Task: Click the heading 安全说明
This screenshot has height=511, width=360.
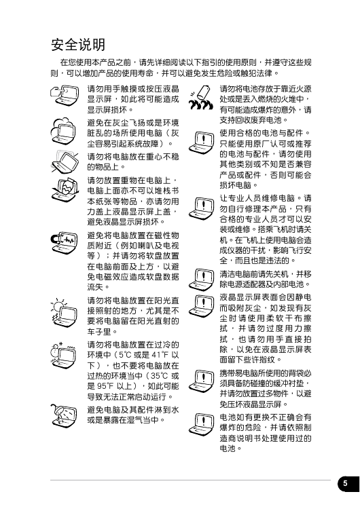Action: [x=78, y=45]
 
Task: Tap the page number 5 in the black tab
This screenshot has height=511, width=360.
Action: [x=345, y=484]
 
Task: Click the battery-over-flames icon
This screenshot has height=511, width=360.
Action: [x=200, y=97]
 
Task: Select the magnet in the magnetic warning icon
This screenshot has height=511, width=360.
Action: [x=56, y=239]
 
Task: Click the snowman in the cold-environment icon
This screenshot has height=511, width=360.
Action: [x=56, y=353]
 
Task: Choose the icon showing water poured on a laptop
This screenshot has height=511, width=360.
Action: [x=65, y=415]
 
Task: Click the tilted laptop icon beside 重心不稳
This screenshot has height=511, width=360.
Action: [x=65, y=162]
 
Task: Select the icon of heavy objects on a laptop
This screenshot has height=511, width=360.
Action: [x=65, y=189]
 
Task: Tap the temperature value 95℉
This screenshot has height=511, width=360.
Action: [x=105, y=386]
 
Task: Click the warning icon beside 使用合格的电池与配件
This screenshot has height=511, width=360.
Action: [x=201, y=142]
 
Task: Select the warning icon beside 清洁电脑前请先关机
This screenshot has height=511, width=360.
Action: [x=201, y=280]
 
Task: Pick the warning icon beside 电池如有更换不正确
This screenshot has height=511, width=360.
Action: [x=201, y=424]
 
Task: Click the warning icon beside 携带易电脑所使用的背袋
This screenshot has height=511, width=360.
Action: [x=201, y=381]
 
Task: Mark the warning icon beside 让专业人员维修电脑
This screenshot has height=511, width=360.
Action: [x=201, y=208]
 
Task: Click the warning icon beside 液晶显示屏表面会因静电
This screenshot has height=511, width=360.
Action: [x=201, y=305]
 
